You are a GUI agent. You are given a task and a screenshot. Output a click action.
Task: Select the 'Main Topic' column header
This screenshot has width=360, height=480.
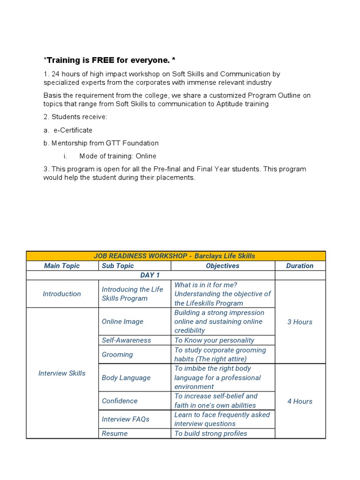[62, 266]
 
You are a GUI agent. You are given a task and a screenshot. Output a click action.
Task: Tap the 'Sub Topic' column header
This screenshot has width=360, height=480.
[118, 266]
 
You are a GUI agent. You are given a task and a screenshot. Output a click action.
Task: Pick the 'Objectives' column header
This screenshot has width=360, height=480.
[223, 266]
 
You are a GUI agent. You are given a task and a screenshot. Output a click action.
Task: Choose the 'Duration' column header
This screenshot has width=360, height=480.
[300, 266]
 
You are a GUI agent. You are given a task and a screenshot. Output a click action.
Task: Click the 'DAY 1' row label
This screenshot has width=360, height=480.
[150, 275]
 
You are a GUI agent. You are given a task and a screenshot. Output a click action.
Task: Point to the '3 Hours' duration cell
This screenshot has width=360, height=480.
[300, 322]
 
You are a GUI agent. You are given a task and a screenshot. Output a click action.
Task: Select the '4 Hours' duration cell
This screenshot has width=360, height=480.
[300, 401]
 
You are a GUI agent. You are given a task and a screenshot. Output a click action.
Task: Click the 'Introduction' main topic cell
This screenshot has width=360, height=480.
[62, 294]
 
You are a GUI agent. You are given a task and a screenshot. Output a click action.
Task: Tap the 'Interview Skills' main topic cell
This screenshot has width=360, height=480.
[62, 373]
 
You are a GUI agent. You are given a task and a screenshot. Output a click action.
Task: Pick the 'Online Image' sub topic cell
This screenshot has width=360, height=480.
[122, 322]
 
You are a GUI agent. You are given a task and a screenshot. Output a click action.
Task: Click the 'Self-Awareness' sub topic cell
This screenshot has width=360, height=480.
[126, 340]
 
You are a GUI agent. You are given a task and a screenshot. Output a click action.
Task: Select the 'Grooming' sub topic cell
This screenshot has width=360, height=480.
[117, 354]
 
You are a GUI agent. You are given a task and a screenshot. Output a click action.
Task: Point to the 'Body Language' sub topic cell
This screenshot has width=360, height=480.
[126, 378]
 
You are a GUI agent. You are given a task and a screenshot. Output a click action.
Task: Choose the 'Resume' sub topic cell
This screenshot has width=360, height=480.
[114, 434]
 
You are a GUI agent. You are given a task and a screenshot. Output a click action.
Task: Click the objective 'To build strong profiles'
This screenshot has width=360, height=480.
[210, 434]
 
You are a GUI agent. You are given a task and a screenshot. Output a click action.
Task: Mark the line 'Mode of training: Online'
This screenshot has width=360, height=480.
[118, 156]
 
